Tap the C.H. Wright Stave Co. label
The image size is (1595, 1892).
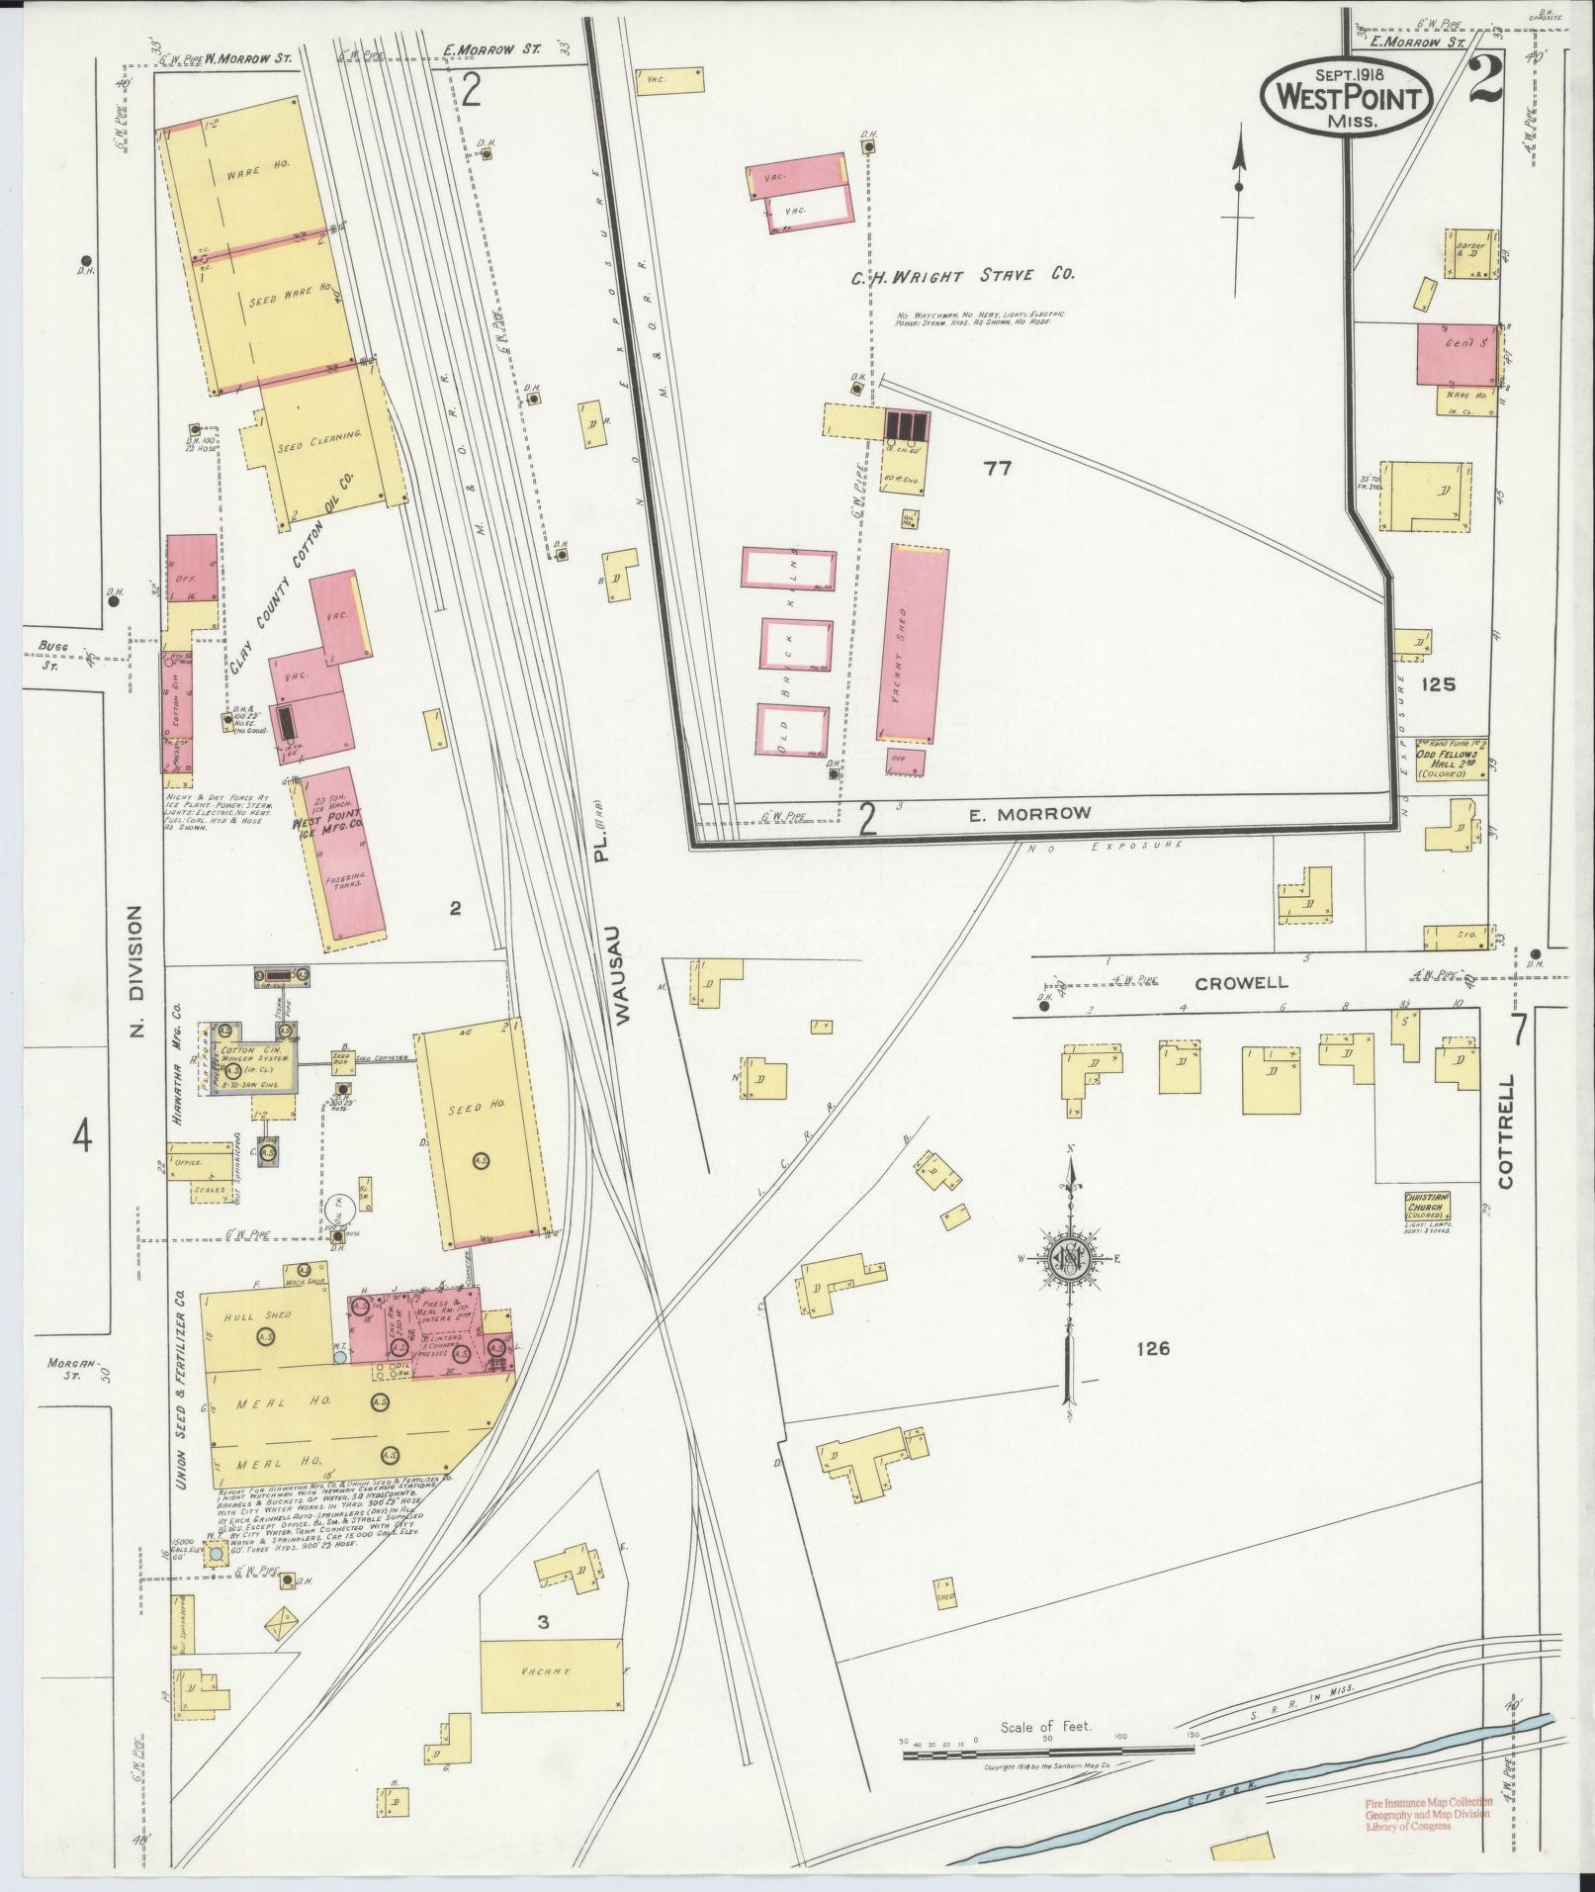[x=962, y=277]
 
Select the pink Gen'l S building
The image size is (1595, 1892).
[x=1456, y=353]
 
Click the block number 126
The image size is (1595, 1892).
[x=1153, y=1348]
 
